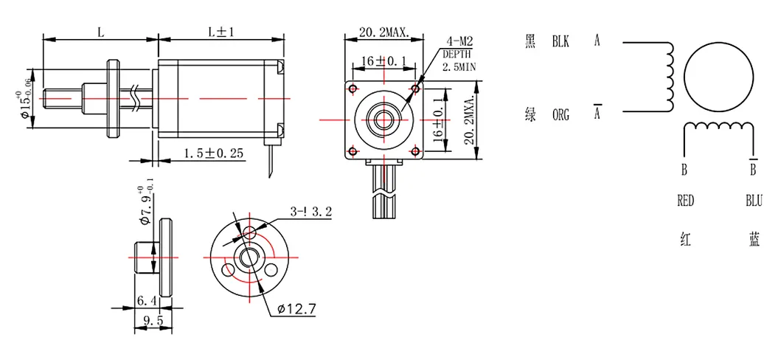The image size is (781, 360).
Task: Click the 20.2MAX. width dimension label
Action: [x=383, y=33]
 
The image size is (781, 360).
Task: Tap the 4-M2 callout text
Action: [x=459, y=41]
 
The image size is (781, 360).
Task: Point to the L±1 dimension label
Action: [x=221, y=32]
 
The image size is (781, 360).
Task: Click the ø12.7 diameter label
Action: [x=297, y=309]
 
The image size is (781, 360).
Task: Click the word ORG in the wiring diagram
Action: [x=561, y=116]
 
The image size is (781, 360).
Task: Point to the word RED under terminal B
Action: [x=686, y=201]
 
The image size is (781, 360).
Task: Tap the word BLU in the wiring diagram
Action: [x=754, y=201]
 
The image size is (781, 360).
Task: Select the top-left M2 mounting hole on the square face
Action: [x=353, y=89]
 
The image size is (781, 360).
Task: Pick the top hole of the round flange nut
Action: [x=249, y=232]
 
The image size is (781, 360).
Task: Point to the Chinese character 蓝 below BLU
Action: [x=754, y=240]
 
